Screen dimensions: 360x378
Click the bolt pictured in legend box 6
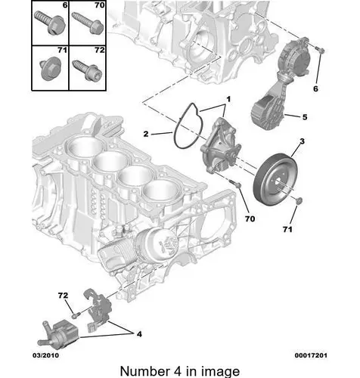click(x=50, y=22)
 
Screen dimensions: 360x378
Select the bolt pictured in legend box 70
click(x=87, y=23)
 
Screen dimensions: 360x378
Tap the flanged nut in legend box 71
click(x=51, y=68)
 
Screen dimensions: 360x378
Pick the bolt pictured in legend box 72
click(x=87, y=70)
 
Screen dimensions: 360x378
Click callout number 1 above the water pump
click(x=228, y=99)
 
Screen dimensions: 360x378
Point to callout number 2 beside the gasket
click(x=146, y=134)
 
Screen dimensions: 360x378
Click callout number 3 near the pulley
click(x=303, y=141)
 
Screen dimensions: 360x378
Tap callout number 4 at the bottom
click(x=139, y=334)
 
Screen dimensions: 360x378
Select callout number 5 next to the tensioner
click(x=305, y=117)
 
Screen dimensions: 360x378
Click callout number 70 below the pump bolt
click(x=250, y=218)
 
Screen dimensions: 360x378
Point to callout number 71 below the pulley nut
click(x=287, y=229)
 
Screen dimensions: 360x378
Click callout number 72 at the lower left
click(x=63, y=295)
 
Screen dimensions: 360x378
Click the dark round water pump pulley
click(x=275, y=180)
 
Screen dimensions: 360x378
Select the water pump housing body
click(x=220, y=146)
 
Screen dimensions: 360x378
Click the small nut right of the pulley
click(x=299, y=200)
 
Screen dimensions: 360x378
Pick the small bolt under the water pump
click(x=235, y=183)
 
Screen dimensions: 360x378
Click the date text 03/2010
click(x=45, y=355)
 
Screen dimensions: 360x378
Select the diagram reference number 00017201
click(x=311, y=355)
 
